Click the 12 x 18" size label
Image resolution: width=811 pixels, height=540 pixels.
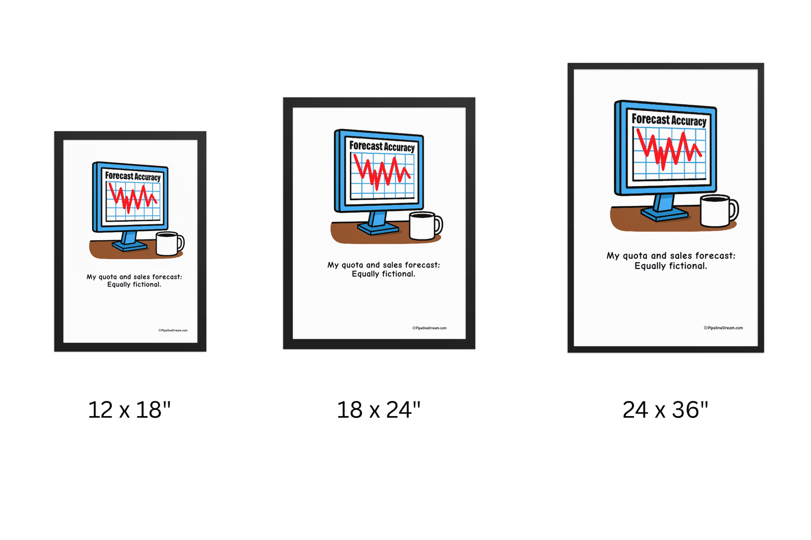click(129, 410)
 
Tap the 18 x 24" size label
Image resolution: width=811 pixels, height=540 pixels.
click(378, 410)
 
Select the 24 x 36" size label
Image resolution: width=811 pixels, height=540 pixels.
click(665, 410)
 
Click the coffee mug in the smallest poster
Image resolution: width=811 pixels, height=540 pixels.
click(167, 244)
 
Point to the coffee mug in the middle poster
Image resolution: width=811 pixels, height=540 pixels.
click(423, 226)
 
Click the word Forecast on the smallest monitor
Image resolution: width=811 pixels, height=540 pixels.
click(119, 176)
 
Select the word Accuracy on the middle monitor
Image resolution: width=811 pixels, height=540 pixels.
click(399, 147)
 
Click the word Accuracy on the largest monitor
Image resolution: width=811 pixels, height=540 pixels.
click(689, 121)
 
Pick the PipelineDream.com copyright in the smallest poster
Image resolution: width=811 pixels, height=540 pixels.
click(173, 330)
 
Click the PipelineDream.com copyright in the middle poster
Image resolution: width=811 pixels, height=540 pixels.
click(429, 328)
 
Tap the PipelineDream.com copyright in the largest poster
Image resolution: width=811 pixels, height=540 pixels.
click(723, 328)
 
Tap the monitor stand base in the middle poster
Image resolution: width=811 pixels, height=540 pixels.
click(377, 228)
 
